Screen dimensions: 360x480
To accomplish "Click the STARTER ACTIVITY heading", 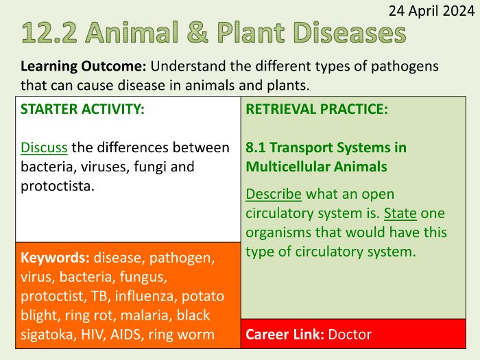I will (x=82, y=110).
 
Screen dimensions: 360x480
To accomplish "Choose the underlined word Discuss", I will (x=44, y=147).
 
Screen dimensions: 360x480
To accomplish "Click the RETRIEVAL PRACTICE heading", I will (x=317, y=110).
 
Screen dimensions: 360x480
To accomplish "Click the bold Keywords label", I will (x=55, y=259).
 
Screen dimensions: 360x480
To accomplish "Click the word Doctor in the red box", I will (x=350, y=335).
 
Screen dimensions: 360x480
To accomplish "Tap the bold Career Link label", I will (x=285, y=335).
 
